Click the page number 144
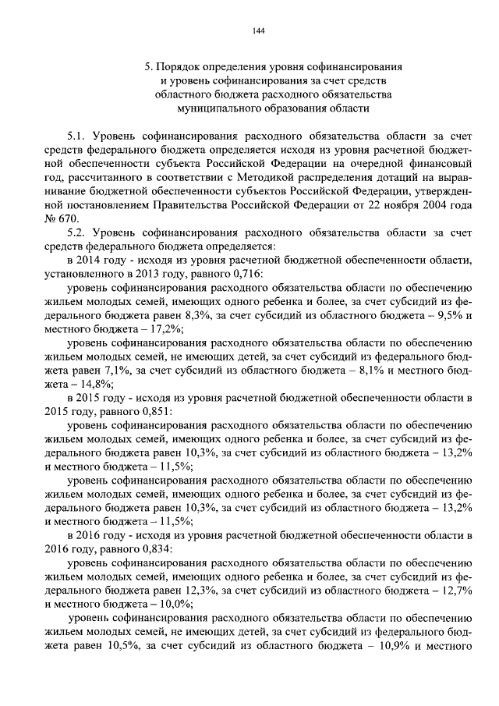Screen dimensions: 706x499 coord(260,30)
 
